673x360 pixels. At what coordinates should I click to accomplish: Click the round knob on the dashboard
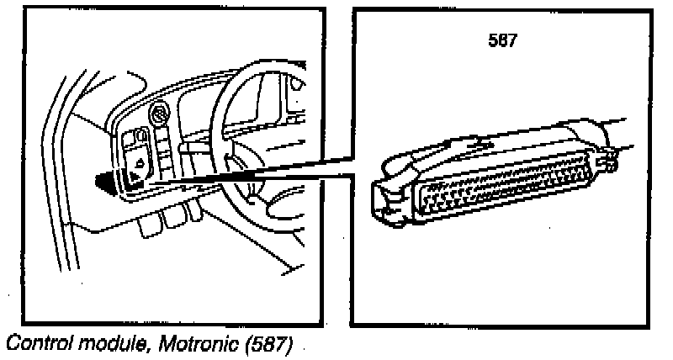[x=158, y=114]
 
